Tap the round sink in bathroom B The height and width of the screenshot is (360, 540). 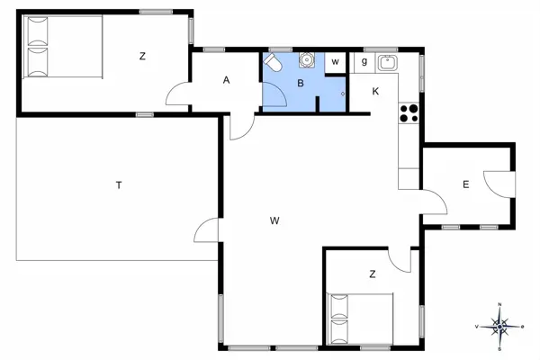click(x=306, y=60)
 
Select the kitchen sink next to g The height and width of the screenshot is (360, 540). click(x=388, y=62)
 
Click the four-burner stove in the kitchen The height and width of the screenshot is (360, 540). click(x=408, y=112)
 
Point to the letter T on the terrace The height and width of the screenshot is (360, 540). click(x=118, y=186)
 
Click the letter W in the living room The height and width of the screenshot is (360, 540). click(x=275, y=219)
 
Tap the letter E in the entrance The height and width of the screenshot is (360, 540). click(x=465, y=185)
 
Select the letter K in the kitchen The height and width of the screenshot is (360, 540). click(x=375, y=91)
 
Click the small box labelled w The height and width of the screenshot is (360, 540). click(x=335, y=62)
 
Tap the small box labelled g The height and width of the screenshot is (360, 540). click(x=364, y=61)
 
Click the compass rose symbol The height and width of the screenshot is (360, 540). click(x=499, y=327)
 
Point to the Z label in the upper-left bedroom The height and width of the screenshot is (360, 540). click(x=142, y=56)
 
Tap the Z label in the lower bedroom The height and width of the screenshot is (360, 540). click(x=371, y=274)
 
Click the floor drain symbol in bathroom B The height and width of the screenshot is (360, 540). click(x=343, y=92)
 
